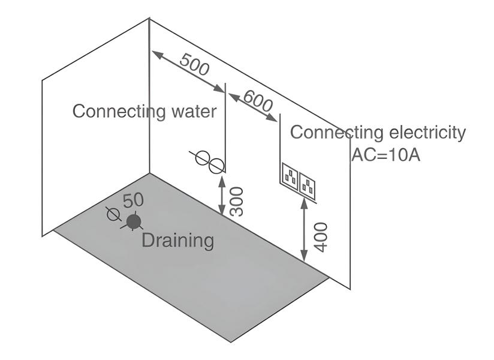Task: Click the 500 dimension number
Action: tap(194, 65)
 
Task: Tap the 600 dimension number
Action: tap(258, 101)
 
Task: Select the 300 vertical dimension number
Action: tap(237, 202)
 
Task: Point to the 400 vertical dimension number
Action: tap(321, 238)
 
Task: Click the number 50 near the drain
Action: tap(133, 200)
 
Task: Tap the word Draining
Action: tap(178, 241)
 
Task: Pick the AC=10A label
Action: tap(386, 154)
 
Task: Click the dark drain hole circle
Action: tap(134, 221)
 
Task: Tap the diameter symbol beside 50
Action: tap(114, 214)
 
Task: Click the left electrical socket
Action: tap(290, 176)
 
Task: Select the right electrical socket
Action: tap(307, 186)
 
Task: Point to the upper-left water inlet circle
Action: tap(202, 157)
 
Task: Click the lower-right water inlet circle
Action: tap(216, 166)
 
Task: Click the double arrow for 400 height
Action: tap(304, 230)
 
